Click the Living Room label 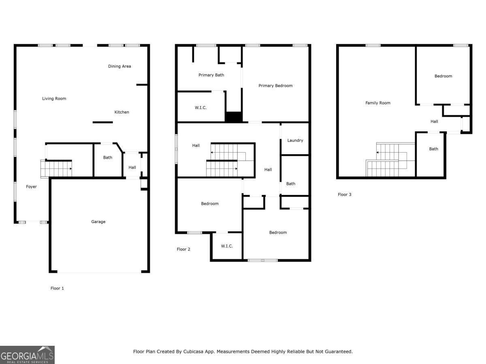pos(54,99)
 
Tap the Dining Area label pos(119,66)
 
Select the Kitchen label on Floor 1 pos(122,112)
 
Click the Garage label pos(98,222)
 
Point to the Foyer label pos(31,187)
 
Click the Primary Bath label pos(211,75)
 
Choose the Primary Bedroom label pos(275,86)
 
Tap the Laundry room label pos(295,140)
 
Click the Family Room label pos(378,103)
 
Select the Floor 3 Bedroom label pos(443,76)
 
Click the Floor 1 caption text pos(57,288)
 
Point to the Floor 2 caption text pos(183,249)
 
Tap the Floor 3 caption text pos(345,195)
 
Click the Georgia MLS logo pos(27,355)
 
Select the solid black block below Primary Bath pos(233,117)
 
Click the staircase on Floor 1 pos(56,169)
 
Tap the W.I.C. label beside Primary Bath pos(200,108)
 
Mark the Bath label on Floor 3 pos(433,149)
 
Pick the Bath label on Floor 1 pos(107,157)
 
